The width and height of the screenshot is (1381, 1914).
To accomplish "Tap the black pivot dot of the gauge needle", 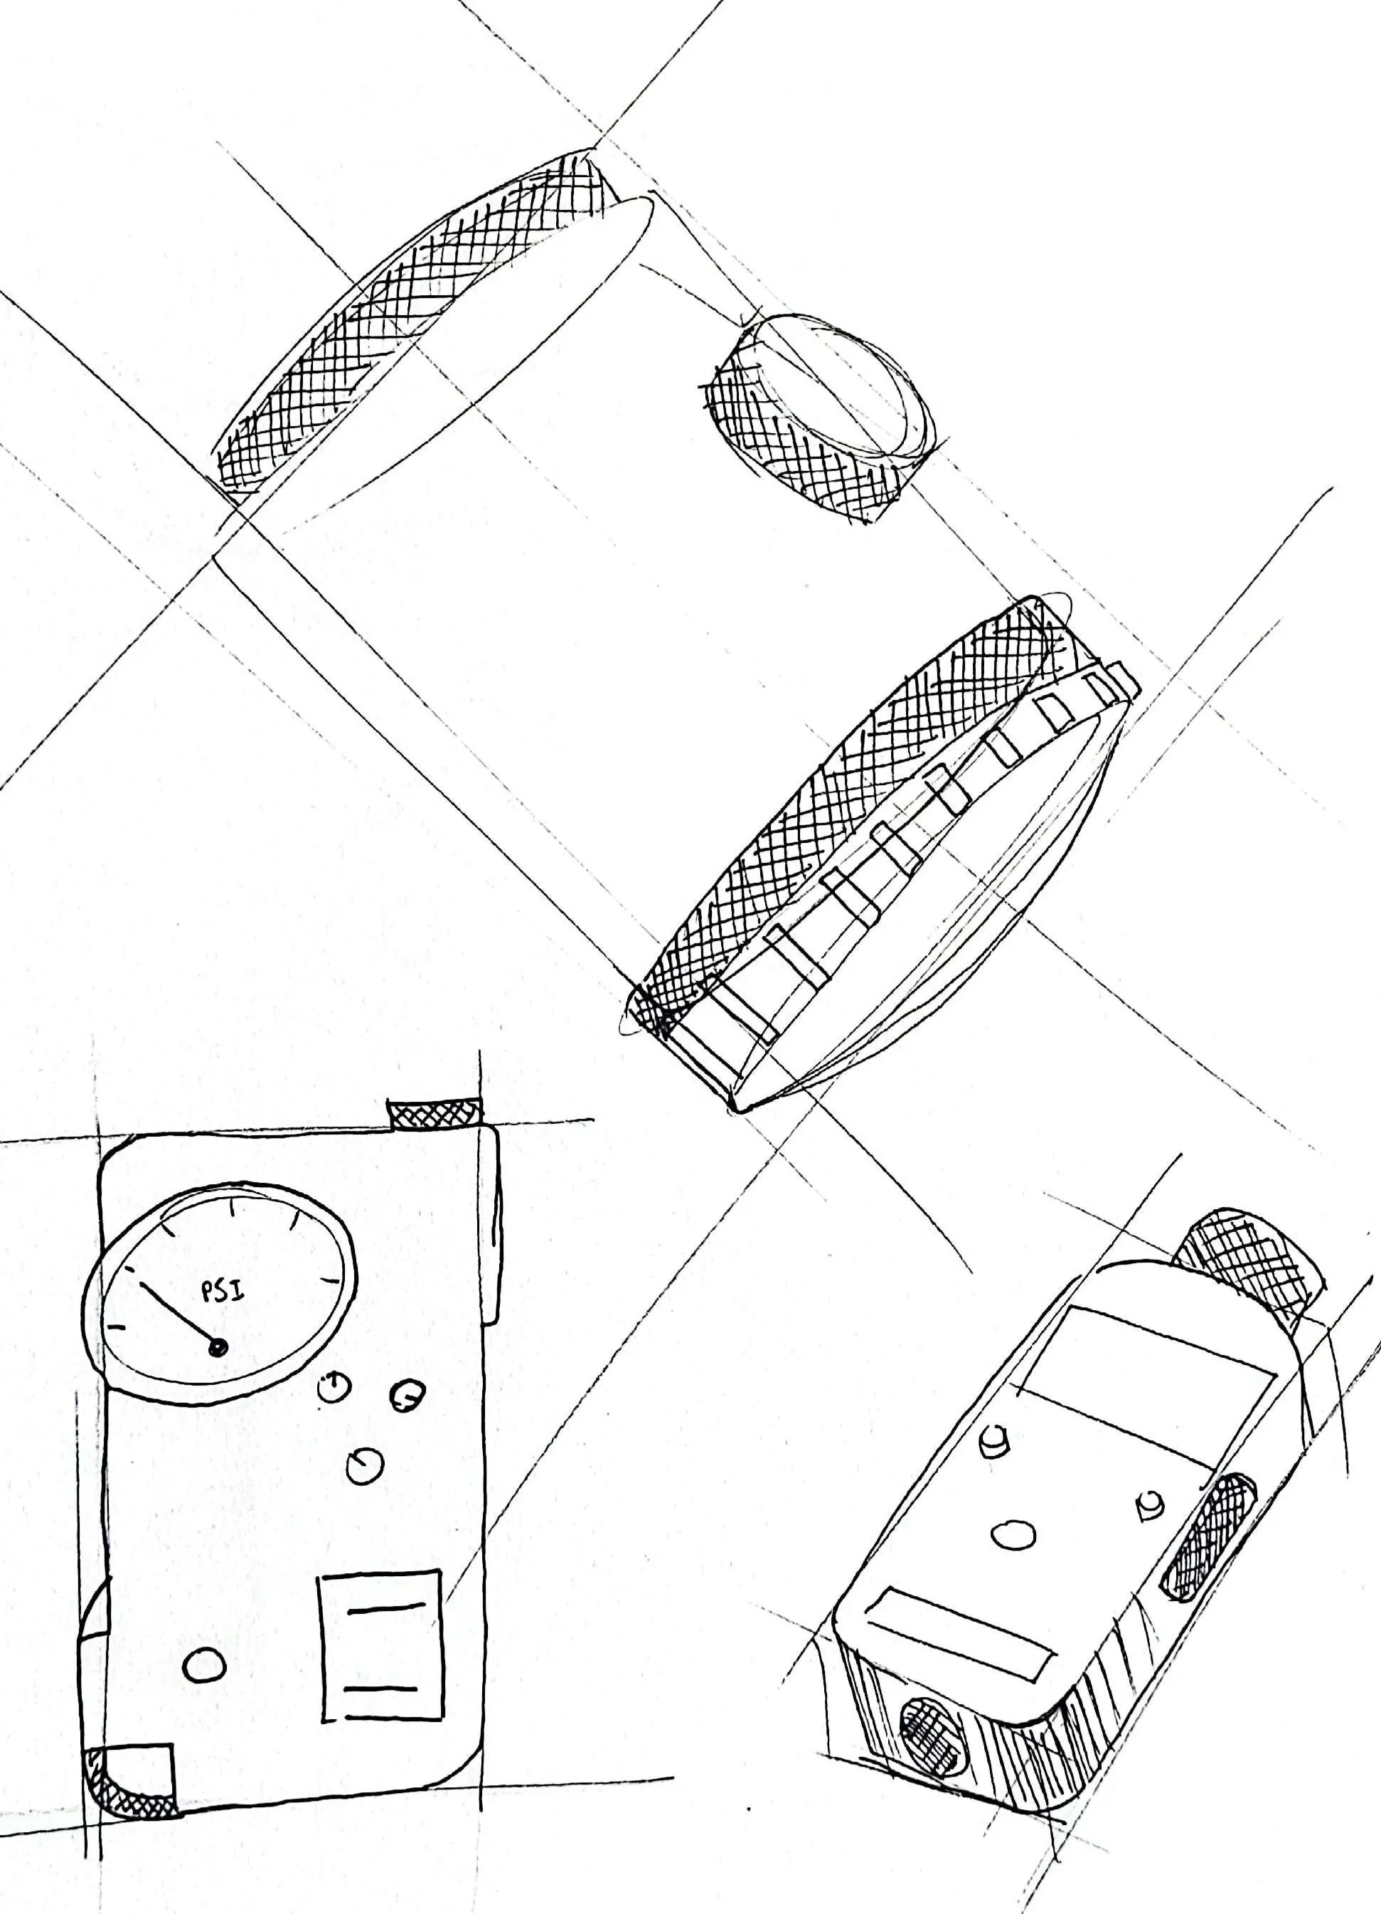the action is tap(218, 1349).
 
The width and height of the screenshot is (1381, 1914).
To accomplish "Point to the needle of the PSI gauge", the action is tap(177, 1316).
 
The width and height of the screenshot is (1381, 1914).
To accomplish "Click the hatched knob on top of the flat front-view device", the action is tap(434, 1114).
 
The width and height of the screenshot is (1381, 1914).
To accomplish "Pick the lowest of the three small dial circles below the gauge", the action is tap(364, 1465).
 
